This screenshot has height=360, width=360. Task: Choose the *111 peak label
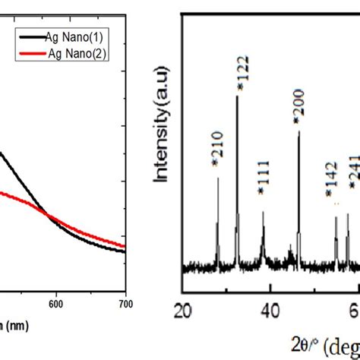[264, 191]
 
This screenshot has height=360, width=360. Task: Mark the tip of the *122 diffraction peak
[238, 96]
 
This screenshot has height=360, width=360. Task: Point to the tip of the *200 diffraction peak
[298, 131]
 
